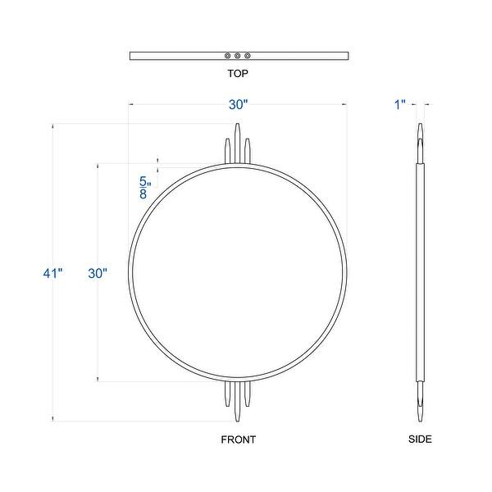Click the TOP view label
pos(238,74)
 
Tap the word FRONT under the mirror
pos(239,440)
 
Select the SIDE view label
pos(420,440)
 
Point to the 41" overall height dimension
pos(53,274)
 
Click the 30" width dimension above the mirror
pos(238,104)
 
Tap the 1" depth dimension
pos(400,104)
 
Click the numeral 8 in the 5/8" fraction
pos(144,194)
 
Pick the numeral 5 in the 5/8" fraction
pos(144,180)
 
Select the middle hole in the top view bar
pos(238,56)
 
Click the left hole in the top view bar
pos(228,56)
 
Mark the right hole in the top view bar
pos(248,56)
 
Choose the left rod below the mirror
pos(228,395)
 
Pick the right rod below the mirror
pos(248,395)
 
